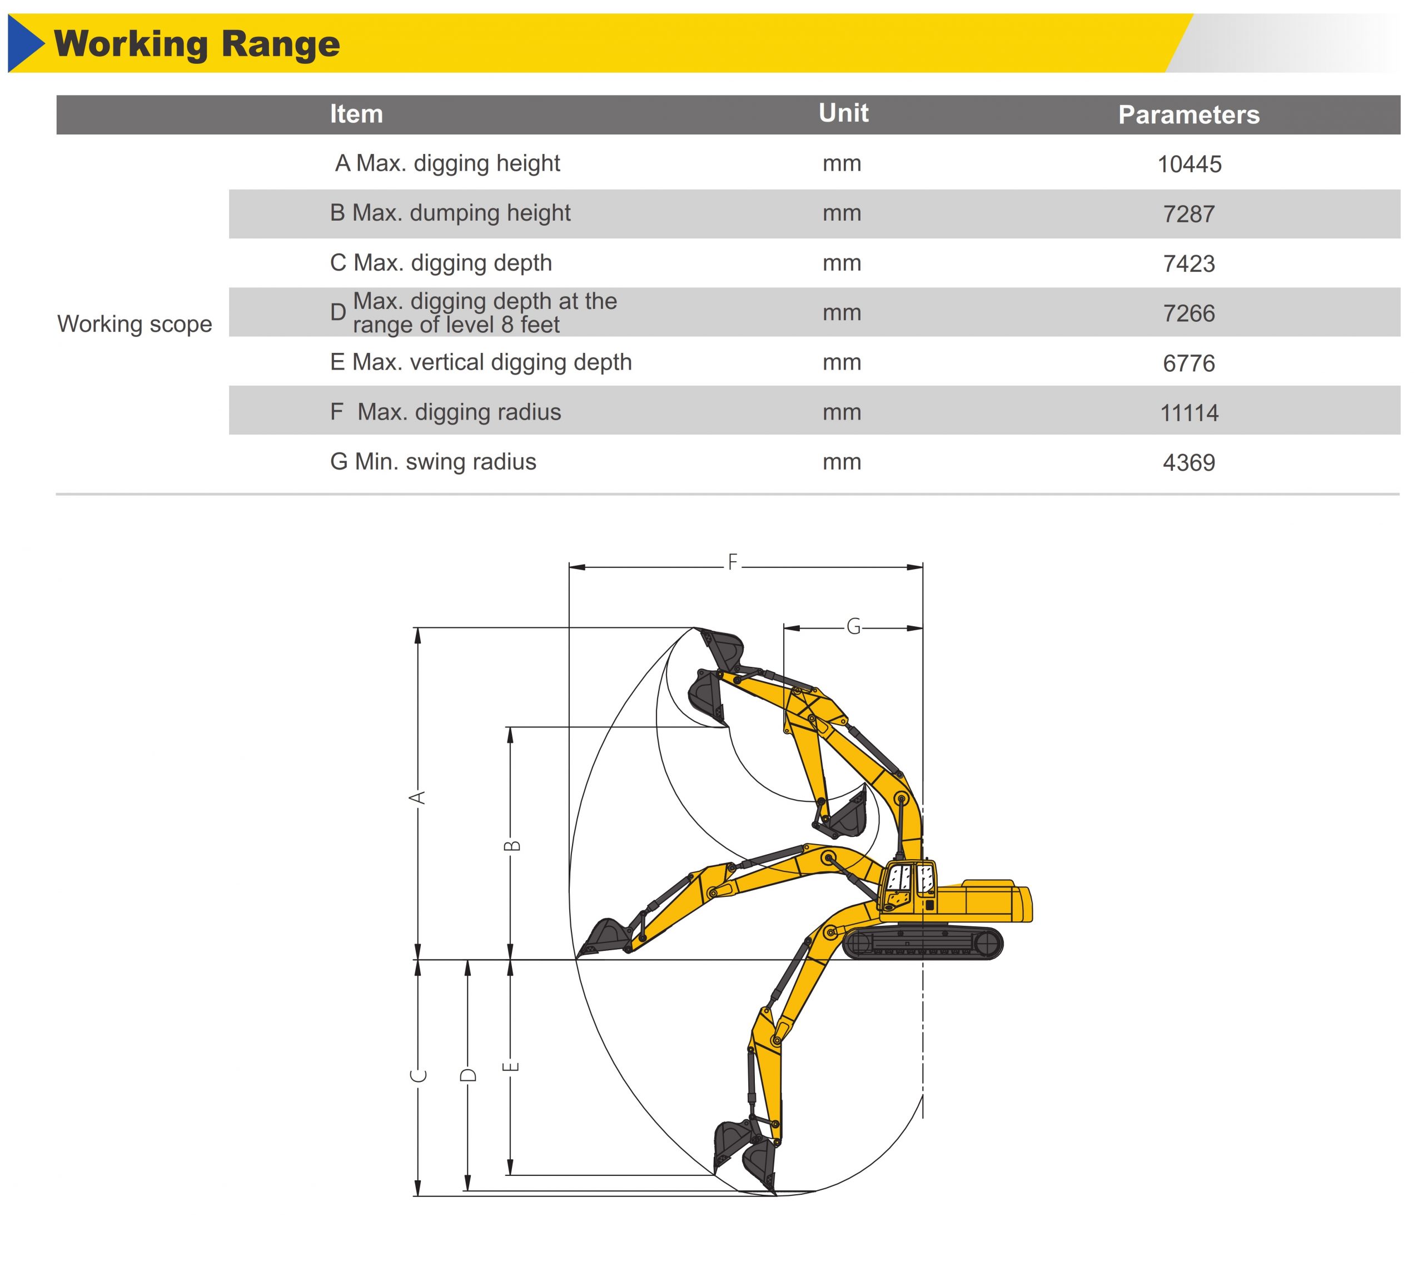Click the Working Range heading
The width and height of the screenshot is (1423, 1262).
tap(197, 44)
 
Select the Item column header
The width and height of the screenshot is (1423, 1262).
tap(356, 113)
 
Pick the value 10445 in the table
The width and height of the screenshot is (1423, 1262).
tap(1188, 164)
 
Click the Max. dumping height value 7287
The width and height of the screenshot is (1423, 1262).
tap(1188, 214)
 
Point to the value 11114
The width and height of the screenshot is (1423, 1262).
tap(1188, 413)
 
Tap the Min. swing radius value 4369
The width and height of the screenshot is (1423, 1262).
tap(1188, 462)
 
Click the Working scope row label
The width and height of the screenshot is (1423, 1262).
tap(135, 323)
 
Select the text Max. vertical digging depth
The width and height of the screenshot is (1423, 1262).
tap(491, 363)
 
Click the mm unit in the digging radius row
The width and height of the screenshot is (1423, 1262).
tap(842, 413)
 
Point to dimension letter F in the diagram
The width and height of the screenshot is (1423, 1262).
tap(733, 562)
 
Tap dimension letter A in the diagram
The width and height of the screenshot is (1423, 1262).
tap(417, 797)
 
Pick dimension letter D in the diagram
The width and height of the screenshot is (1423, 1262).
tap(468, 1075)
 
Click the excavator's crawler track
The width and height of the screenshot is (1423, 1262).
tap(922, 942)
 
